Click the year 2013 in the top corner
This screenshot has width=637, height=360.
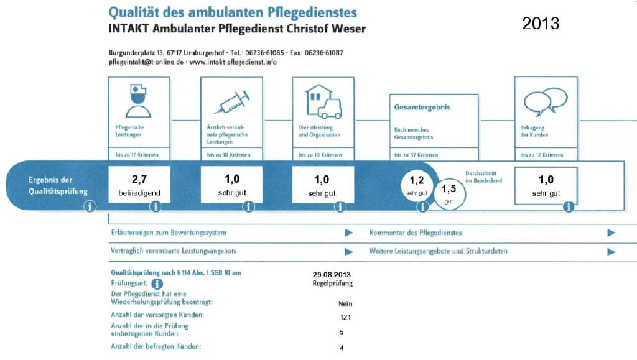coord(541,24)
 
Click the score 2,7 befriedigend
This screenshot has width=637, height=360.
coord(139,184)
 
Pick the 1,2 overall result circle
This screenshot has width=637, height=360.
coord(417,185)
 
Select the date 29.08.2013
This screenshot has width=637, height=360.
coord(332,274)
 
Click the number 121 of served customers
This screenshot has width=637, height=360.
coord(346,317)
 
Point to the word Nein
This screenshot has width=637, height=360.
coord(345,303)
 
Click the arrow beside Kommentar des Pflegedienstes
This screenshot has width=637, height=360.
coord(611,233)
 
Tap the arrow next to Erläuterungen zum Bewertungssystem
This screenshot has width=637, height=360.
coord(349,233)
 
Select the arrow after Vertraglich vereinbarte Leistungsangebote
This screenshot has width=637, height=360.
coord(349,251)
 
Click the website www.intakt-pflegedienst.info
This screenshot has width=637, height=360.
coord(233,62)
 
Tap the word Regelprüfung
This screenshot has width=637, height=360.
coord(332,283)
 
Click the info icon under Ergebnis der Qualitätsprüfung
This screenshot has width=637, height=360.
coord(90,206)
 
